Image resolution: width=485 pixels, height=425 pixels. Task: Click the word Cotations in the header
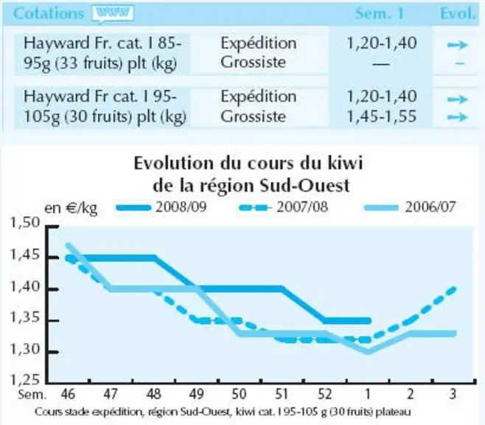(49, 13)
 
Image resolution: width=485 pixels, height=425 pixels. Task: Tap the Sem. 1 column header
(380, 13)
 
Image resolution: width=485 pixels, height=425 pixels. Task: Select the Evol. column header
(458, 13)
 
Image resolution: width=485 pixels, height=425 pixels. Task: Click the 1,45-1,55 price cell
(382, 117)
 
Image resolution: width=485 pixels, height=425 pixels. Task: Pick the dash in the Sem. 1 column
(381, 64)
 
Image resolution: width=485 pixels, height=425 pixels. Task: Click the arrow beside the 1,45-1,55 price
(458, 117)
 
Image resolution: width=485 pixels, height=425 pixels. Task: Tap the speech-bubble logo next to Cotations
(113, 14)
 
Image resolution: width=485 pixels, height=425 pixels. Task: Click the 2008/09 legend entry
(161, 207)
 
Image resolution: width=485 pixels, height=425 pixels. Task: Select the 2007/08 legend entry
(283, 207)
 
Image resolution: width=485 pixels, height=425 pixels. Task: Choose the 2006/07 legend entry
(410, 207)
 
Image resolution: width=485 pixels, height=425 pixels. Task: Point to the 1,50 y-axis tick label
(25, 222)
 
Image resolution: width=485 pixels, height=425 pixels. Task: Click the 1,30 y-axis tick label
(25, 350)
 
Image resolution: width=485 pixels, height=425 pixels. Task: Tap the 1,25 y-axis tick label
(25, 379)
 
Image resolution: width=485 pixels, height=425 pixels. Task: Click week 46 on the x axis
(68, 394)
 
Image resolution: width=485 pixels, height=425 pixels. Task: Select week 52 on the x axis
(325, 394)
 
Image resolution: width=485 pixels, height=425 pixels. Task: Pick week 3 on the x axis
(453, 394)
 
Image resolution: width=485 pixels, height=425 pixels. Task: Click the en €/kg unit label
(71, 208)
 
